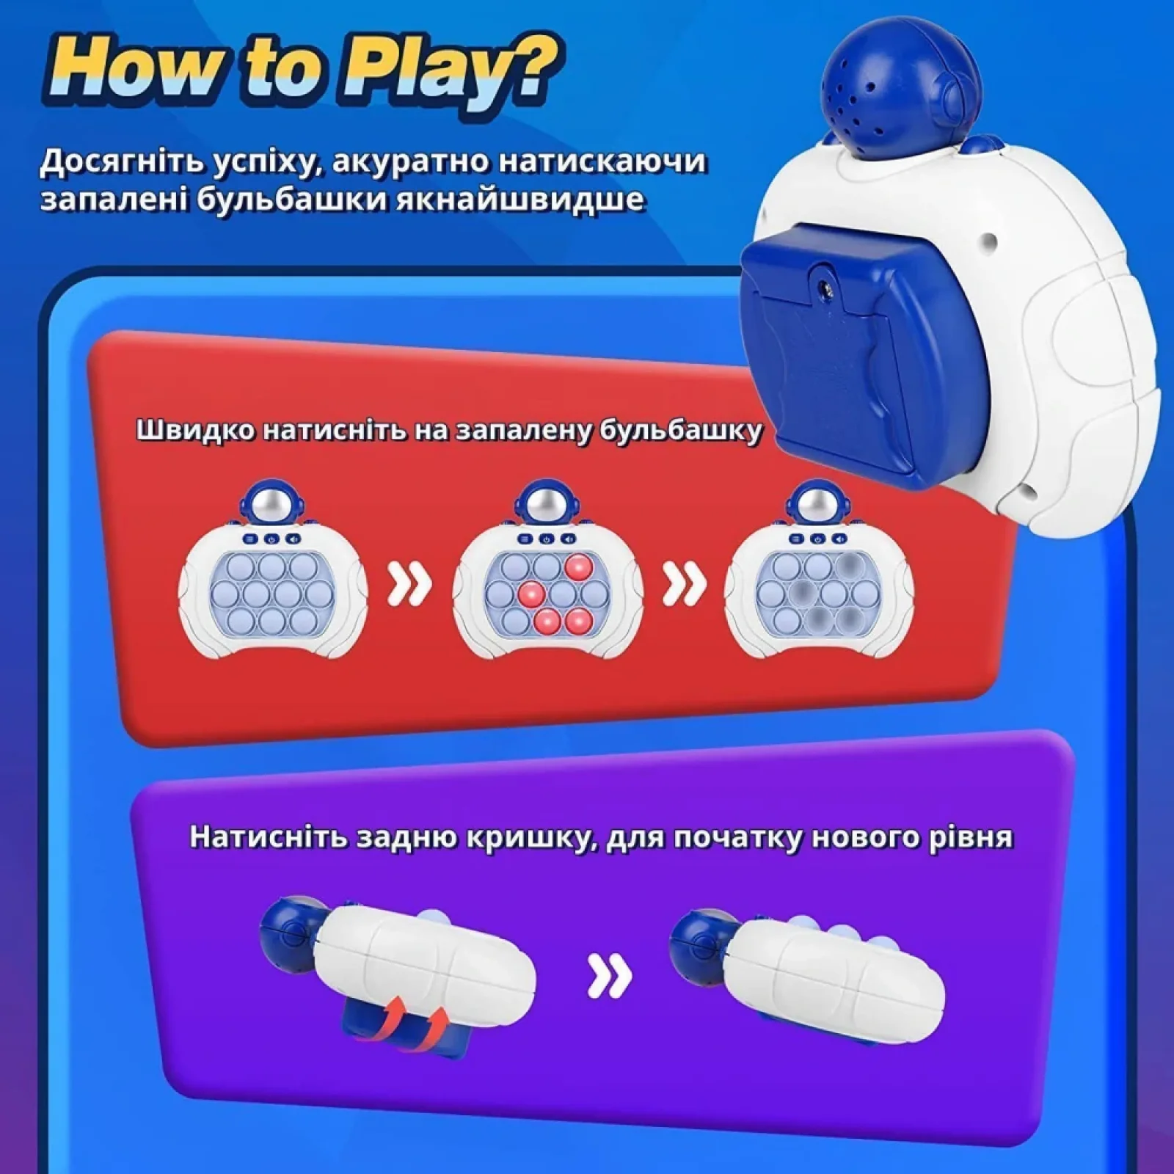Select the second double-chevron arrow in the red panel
684,585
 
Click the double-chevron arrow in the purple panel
610,976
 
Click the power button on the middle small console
546,539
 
